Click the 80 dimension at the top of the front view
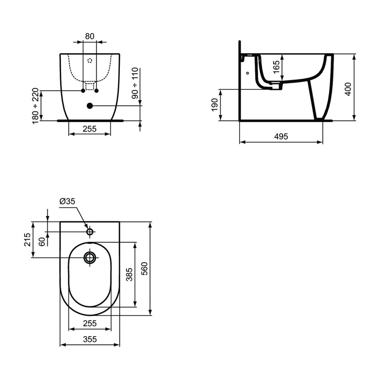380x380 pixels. pos(89,36)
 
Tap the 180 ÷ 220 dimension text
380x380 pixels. pos(36,106)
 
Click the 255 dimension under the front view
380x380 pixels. pos(89,129)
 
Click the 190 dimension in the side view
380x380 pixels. pos(215,106)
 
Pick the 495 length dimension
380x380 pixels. pos(281,136)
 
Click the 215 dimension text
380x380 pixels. pos(27,240)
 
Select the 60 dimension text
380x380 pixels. pos(42,241)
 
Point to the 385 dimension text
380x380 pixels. pos(130,274)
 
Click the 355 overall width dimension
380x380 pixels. pos(90,339)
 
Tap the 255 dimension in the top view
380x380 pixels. pos(89,323)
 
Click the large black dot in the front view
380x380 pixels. pos(89,106)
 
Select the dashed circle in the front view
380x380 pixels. pos(89,60)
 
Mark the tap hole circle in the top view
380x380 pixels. pos(90,232)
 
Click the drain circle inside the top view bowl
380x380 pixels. pos(90,258)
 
